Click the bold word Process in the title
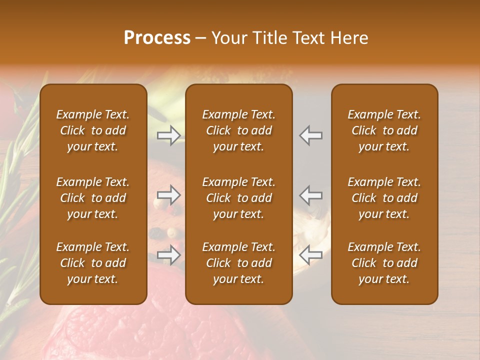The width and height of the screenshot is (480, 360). point(157,38)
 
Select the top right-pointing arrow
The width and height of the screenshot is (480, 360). point(168,135)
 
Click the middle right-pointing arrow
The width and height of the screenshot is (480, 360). point(168,195)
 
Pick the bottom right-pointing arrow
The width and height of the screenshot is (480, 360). point(168,255)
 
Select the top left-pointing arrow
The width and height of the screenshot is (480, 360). point(311,135)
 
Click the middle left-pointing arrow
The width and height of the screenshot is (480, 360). point(311,195)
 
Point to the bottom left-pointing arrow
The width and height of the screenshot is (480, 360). point(311,255)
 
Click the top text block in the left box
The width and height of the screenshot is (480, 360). point(93,130)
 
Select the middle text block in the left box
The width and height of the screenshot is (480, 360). point(93,198)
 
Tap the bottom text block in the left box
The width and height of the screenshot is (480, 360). point(93,263)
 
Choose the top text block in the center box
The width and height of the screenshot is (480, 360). point(238,130)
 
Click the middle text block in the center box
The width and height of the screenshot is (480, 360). point(238,198)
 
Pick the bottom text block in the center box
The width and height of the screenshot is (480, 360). point(238,263)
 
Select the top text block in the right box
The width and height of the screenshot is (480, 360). point(384,130)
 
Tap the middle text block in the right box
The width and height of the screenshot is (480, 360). point(384,198)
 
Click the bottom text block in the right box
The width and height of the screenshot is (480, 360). point(384,263)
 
